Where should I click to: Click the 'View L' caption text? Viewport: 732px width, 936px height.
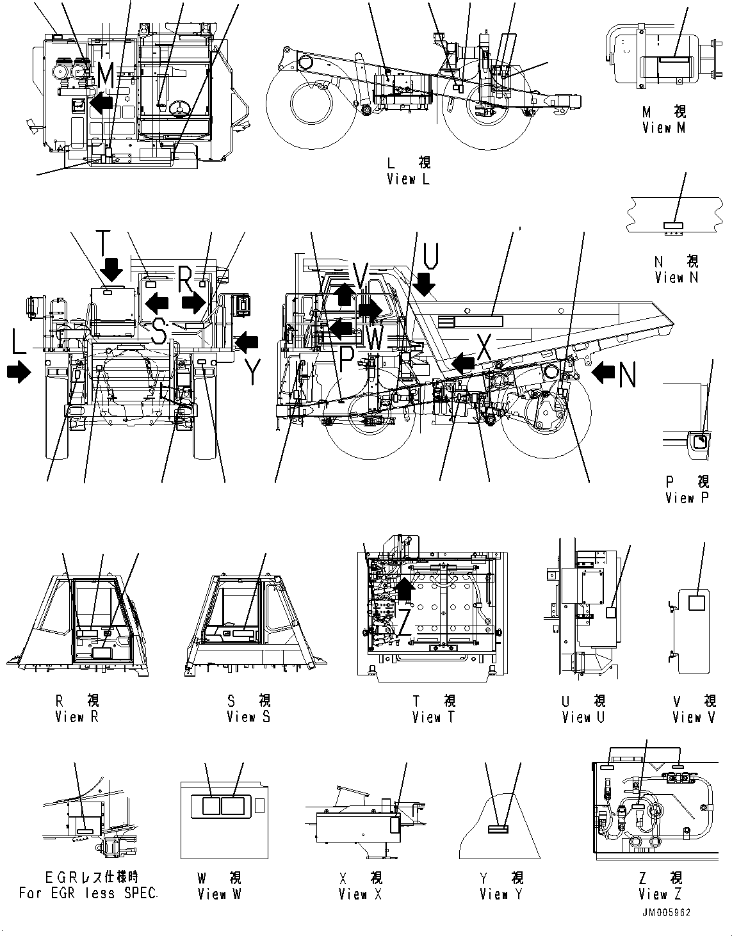point(408,179)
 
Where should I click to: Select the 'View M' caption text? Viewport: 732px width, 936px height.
point(663,127)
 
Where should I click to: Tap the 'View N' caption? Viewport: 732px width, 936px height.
point(676,277)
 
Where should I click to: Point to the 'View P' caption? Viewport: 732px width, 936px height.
point(687,497)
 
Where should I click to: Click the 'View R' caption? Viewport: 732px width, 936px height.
point(77,717)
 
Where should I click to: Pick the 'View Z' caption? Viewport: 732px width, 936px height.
point(660,894)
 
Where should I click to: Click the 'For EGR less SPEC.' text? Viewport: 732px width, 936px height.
point(88,893)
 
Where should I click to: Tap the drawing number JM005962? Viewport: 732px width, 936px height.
point(665,912)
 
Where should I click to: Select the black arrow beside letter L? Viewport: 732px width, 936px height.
point(19,371)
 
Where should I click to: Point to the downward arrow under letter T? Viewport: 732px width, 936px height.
point(111,269)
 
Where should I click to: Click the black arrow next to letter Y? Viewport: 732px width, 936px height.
point(247,343)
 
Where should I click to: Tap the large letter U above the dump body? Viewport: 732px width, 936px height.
point(431,257)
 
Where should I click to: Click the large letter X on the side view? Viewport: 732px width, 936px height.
point(484,349)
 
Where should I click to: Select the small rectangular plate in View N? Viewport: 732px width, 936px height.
point(673,225)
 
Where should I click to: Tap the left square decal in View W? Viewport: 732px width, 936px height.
point(211,805)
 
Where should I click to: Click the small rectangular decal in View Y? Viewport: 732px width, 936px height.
point(498,829)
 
